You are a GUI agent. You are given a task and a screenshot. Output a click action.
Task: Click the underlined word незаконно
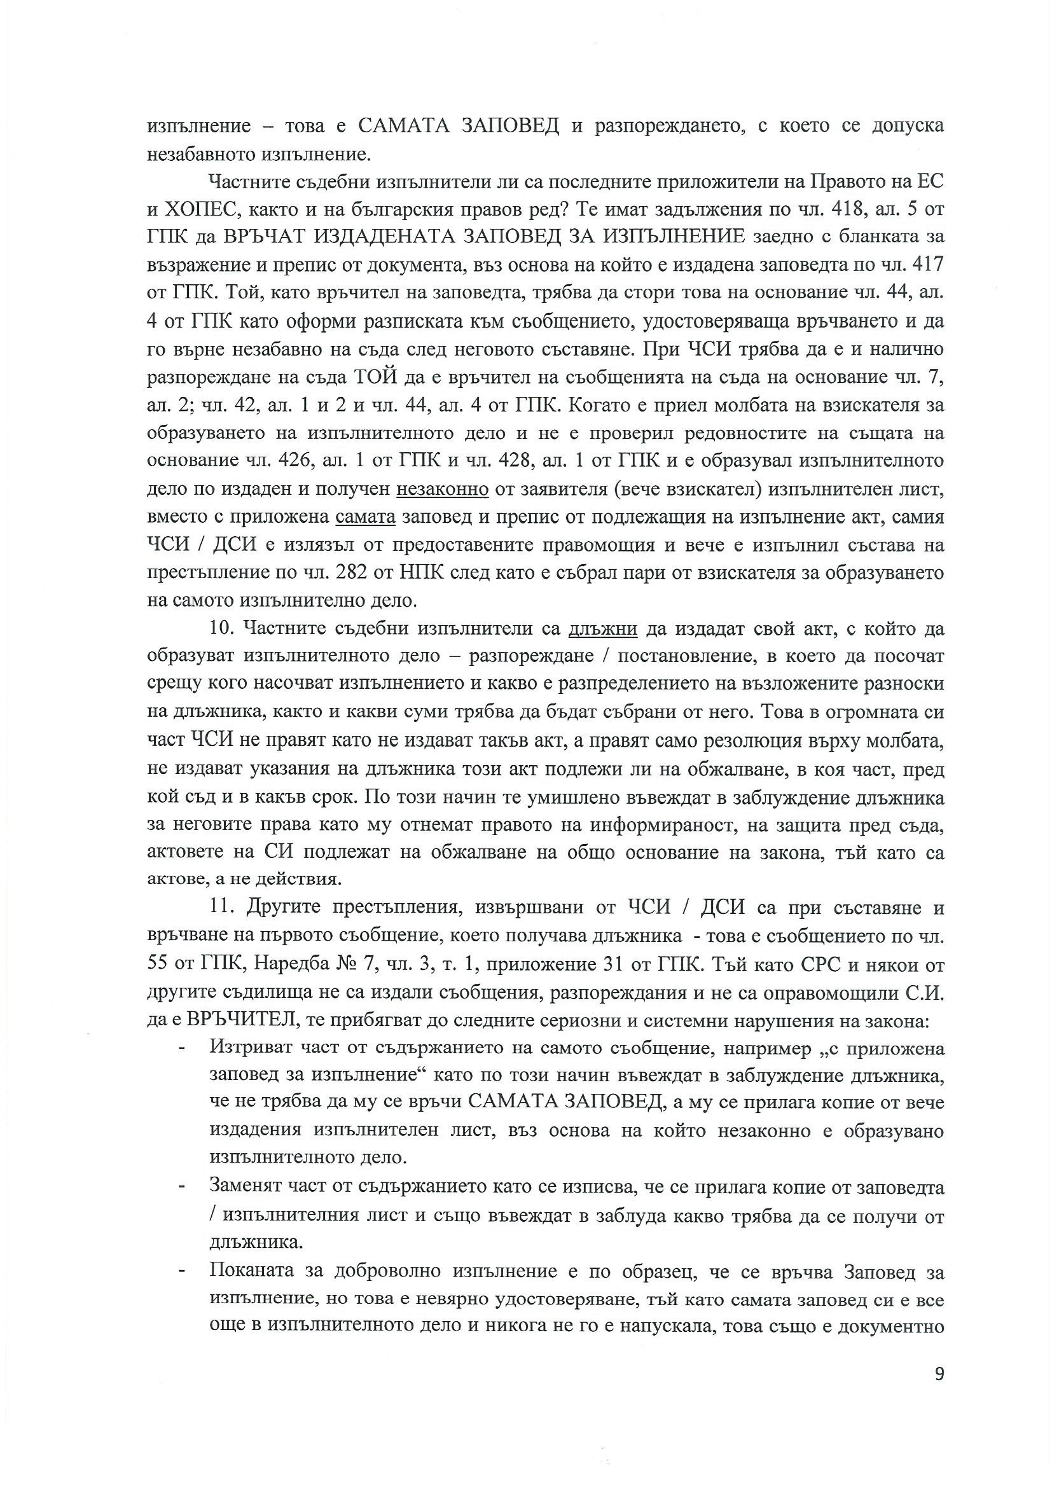pos(443,490)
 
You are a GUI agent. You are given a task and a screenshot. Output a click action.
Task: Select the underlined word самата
pos(365,518)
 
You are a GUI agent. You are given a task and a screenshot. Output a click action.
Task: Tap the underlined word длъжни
pos(603,629)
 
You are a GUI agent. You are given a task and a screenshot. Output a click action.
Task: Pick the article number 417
pos(925,266)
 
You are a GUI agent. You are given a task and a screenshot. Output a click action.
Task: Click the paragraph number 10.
pos(221,629)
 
